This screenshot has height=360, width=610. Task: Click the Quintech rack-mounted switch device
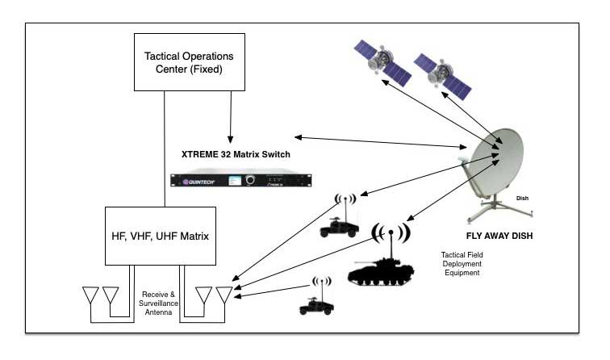229,180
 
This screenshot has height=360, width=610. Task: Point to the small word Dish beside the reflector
523,198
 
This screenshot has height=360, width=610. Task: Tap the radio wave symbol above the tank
390,233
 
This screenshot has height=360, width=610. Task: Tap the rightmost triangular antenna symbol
223,295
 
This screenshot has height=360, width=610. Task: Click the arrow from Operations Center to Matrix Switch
232,117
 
